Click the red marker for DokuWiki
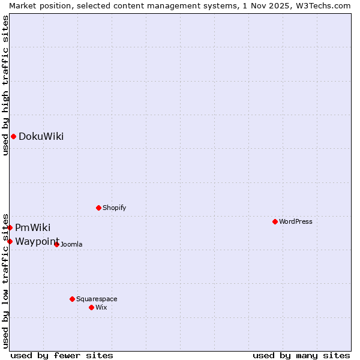coord(13,136)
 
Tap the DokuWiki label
coord(41,137)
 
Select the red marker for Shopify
coord(98,208)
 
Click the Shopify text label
coord(114,208)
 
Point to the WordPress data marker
coord(275,221)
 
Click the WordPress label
coord(295,221)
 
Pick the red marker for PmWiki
coord(10,227)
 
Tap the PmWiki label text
coord(32,228)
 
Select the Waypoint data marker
coord(10,241)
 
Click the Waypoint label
coord(37,241)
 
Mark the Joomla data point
coord(56,244)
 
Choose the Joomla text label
coord(71,244)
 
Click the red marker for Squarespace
coord(72,299)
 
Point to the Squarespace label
coord(97,299)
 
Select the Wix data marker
coord(91,307)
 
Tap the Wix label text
coord(101,307)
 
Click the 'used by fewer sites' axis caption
coord(62,355)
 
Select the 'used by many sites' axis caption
coord(301,355)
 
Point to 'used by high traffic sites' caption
coord(5,86)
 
